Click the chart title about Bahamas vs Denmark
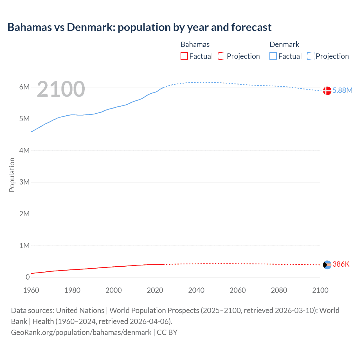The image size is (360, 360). (x=139, y=27)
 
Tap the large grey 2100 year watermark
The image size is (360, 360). (x=61, y=89)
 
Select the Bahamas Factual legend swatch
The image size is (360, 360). (x=184, y=56)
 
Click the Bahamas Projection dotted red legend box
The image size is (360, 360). (x=222, y=56)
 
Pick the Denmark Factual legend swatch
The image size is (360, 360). (x=273, y=56)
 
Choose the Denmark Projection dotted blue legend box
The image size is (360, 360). (x=311, y=56)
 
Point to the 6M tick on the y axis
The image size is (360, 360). (x=24, y=87)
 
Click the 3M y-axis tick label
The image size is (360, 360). (x=24, y=182)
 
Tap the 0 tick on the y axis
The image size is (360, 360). (x=28, y=277)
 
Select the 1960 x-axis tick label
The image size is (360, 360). (x=31, y=290)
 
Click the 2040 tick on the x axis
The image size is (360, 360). (x=196, y=290)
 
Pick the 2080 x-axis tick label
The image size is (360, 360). (x=279, y=290)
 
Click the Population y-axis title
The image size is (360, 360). (x=12, y=175)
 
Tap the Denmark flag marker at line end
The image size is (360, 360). (x=327, y=91)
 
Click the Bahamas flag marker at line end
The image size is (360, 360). (x=327, y=265)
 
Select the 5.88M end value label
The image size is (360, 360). (x=342, y=90)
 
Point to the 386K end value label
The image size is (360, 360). (x=341, y=264)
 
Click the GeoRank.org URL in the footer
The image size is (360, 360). (x=81, y=332)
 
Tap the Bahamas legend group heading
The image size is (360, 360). (x=195, y=44)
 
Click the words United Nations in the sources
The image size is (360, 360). (x=80, y=310)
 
